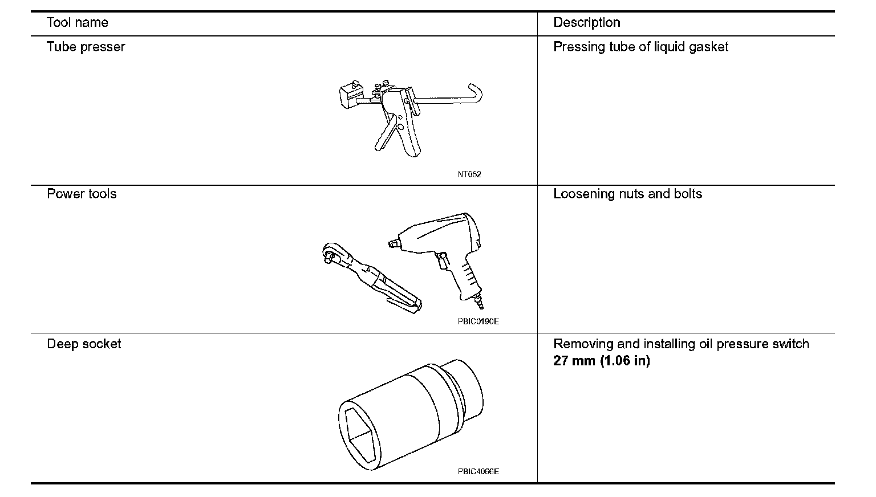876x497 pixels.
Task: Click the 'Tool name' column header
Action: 77,23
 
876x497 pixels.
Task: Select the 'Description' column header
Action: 586,23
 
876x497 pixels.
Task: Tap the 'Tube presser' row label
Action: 86,47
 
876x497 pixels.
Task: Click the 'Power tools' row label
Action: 82,194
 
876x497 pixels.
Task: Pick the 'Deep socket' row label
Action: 84,344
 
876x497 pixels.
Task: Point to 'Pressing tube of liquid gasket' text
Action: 640,47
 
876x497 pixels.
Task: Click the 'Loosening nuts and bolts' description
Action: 627,194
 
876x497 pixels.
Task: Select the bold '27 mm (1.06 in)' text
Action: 601,361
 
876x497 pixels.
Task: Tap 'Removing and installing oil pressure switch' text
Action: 681,344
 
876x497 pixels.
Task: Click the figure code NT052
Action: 469,174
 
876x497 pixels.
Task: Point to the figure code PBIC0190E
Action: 478,321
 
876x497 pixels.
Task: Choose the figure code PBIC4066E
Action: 478,471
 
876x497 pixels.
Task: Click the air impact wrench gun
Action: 445,245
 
